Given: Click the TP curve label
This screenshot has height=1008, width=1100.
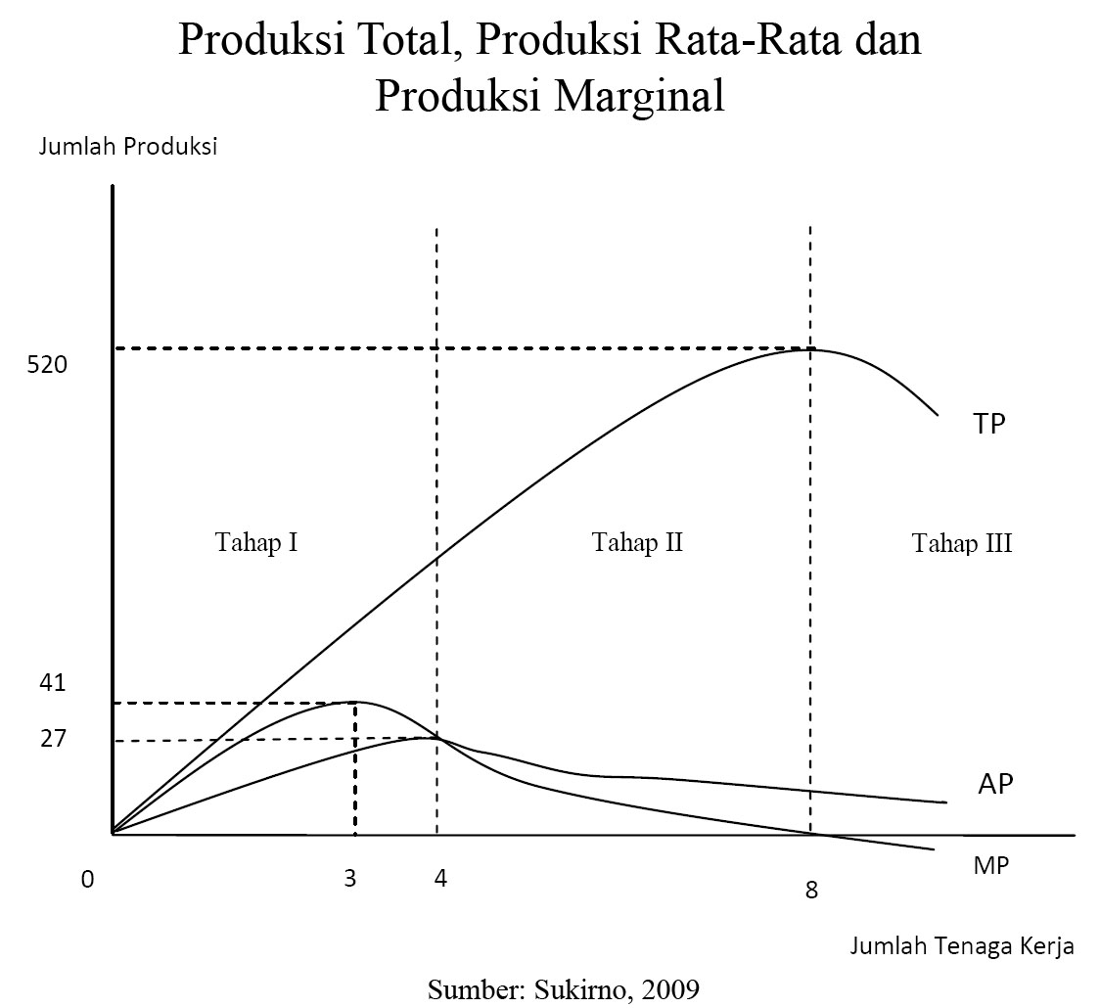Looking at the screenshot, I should [x=988, y=424].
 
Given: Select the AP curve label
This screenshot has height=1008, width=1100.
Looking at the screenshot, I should [x=995, y=785].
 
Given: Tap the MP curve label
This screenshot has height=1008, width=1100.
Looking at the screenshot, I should [x=991, y=866].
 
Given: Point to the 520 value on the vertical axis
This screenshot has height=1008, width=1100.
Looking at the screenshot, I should [x=47, y=365].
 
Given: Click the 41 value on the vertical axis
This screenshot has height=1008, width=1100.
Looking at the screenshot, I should [x=53, y=683].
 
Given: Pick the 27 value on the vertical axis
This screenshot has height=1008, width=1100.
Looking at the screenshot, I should [x=53, y=739].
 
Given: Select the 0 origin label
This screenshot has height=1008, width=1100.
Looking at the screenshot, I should [x=88, y=880].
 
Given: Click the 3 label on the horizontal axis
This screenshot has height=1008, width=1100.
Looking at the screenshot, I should [x=350, y=879].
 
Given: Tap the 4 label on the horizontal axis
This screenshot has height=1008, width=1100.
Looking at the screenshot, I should [x=440, y=879].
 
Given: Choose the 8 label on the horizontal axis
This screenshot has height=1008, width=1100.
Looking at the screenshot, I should [x=811, y=892].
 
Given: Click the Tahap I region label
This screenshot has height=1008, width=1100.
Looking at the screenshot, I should [x=256, y=542].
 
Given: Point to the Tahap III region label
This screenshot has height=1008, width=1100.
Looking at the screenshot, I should [x=962, y=544].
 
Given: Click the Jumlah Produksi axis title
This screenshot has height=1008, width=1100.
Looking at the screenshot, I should [x=127, y=148].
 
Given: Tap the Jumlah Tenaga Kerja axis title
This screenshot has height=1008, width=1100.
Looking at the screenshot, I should [x=962, y=945].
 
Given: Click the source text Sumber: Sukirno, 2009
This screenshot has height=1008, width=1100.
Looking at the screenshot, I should [x=564, y=988].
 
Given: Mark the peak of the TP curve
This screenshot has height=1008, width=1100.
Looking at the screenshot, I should [x=810, y=348].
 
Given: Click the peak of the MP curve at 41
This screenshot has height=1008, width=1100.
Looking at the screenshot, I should [x=354, y=702].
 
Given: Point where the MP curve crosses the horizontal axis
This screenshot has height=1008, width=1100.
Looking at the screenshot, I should [x=814, y=835].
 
